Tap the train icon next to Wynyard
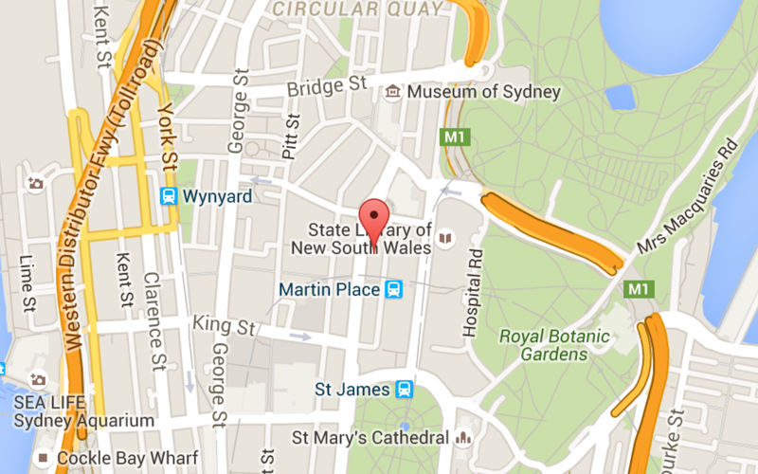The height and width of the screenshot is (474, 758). click(x=168, y=197)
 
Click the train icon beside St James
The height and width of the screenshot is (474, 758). click(x=405, y=389)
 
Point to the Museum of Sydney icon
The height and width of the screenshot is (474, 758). click(x=392, y=92)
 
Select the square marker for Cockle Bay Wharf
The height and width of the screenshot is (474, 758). click(x=41, y=458)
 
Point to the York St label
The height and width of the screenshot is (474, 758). click(x=169, y=133)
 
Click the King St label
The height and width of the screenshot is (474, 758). click(x=225, y=326)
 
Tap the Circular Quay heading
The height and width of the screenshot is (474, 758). click(x=357, y=9)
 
